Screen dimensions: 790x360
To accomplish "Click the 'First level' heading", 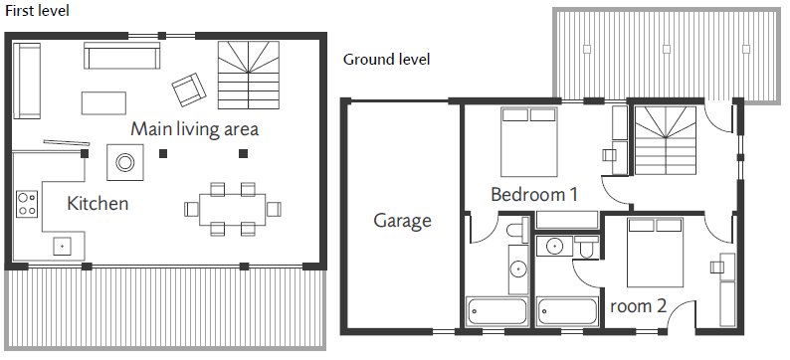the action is click(37, 11).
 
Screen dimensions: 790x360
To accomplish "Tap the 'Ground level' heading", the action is click(386, 60).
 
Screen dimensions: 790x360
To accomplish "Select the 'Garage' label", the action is click(403, 221).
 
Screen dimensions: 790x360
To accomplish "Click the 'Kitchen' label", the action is click(98, 204).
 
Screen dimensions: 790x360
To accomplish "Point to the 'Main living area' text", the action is click(194, 129).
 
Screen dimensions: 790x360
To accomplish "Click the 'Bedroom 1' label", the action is click(534, 194).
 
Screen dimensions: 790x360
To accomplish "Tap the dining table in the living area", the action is click(233, 210).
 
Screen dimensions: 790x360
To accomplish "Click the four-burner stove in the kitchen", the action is click(27, 204).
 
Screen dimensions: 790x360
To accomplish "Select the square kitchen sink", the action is click(62, 247).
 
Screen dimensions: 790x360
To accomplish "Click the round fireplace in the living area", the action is click(125, 162).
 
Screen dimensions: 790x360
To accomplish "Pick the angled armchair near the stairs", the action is click(189, 90).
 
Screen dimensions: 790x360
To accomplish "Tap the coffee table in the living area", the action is click(103, 103).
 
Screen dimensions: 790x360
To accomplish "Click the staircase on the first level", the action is click(249, 75).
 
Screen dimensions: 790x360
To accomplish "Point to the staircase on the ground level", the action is click(665, 140).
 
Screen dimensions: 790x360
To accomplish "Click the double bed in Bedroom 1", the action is click(529, 142).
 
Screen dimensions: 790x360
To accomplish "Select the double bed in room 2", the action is click(655, 253).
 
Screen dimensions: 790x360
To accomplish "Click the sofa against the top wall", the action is click(122, 56).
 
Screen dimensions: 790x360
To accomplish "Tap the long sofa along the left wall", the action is click(27, 81).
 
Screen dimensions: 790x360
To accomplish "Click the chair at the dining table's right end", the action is click(274, 209).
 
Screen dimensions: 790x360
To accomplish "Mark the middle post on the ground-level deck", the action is click(667, 49).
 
